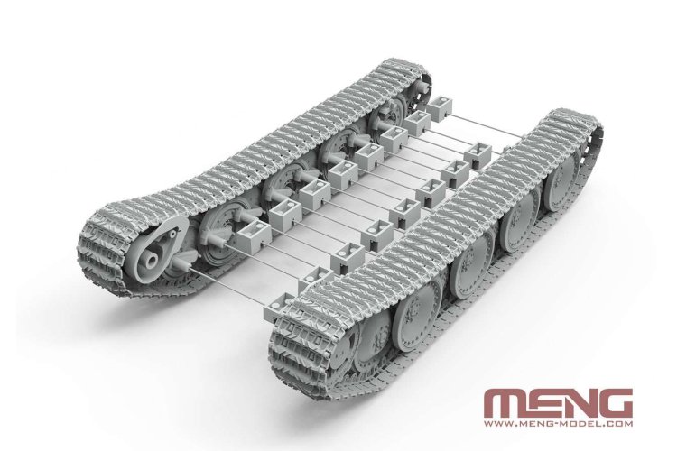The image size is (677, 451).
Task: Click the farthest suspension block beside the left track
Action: click(441, 110)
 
